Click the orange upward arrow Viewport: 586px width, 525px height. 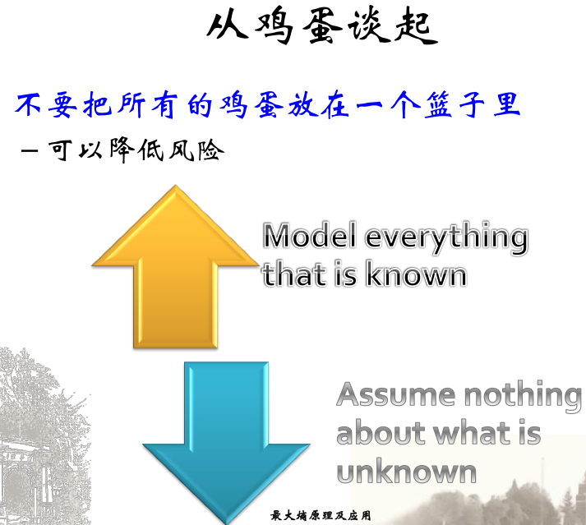175,271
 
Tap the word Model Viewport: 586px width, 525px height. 310,237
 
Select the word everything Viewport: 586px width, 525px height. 446,238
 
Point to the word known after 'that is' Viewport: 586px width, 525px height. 416,274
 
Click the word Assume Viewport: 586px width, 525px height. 392,395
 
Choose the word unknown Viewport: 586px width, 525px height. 407,472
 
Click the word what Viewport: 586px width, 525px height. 464,432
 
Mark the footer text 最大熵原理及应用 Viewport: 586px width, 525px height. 321,516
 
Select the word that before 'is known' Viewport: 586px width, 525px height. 293,274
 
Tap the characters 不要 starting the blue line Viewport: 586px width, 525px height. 41,106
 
